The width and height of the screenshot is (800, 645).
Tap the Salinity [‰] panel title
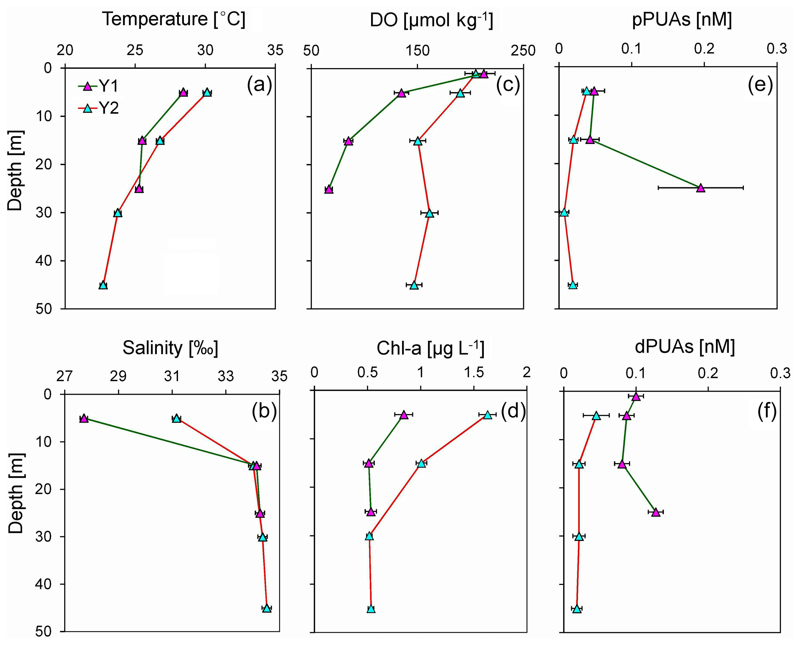click(170, 348)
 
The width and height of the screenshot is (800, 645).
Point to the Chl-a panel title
click(430, 348)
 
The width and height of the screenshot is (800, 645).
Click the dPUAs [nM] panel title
click(685, 347)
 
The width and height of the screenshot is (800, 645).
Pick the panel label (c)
click(508, 85)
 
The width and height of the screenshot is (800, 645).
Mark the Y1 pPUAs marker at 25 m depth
click(701, 188)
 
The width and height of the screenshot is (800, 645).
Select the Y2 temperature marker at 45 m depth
click(103, 285)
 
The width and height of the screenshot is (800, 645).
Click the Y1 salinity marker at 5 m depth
click(84, 418)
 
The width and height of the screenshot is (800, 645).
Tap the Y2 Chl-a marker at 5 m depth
click(488, 415)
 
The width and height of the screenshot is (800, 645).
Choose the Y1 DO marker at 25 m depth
click(329, 189)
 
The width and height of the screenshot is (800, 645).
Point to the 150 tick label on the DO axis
click(417, 50)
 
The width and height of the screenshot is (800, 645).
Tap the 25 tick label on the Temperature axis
click(135, 50)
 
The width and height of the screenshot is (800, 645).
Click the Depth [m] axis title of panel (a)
click(16, 170)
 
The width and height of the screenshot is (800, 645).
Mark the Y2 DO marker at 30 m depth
click(429, 213)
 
